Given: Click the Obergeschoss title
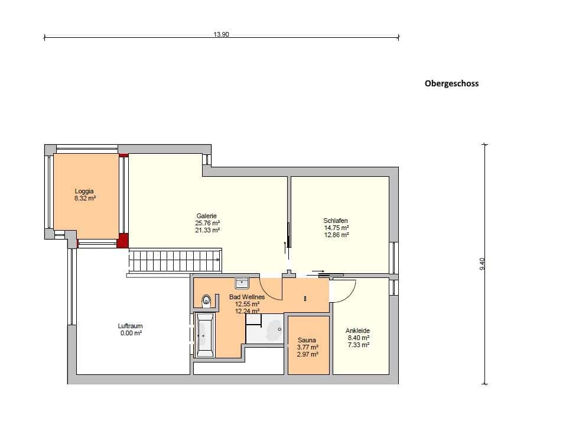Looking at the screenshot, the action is (x=451, y=83).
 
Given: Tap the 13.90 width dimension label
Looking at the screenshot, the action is (x=222, y=35).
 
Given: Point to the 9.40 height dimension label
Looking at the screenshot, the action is (x=482, y=264).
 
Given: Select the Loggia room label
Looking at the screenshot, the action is (x=84, y=191).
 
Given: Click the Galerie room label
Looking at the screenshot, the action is (x=206, y=216).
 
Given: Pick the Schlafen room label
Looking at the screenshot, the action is (x=336, y=221).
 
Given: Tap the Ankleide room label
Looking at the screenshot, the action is (x=357, y=331).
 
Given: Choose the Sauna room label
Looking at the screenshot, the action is (x=307, y=340).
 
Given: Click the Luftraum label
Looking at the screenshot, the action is (x=131, y=326).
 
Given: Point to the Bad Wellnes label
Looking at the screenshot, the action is (x=247, y=297).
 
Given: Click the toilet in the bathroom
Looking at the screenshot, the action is (x=206, y=300).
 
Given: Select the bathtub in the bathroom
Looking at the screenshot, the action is (x=204, y=335).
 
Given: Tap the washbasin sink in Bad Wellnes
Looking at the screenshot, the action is (x=242, y=283).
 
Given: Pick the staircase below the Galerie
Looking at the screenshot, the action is (x=175, y=260).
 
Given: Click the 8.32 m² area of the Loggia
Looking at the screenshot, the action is (x=85, y=198).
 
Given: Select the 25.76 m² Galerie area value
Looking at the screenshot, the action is (x=207, y=223).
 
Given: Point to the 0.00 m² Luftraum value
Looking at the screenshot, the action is (x=131, y=333).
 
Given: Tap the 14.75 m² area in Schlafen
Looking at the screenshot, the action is (x=336, y=228).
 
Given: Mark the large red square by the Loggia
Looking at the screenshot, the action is (x=123, y=241).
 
